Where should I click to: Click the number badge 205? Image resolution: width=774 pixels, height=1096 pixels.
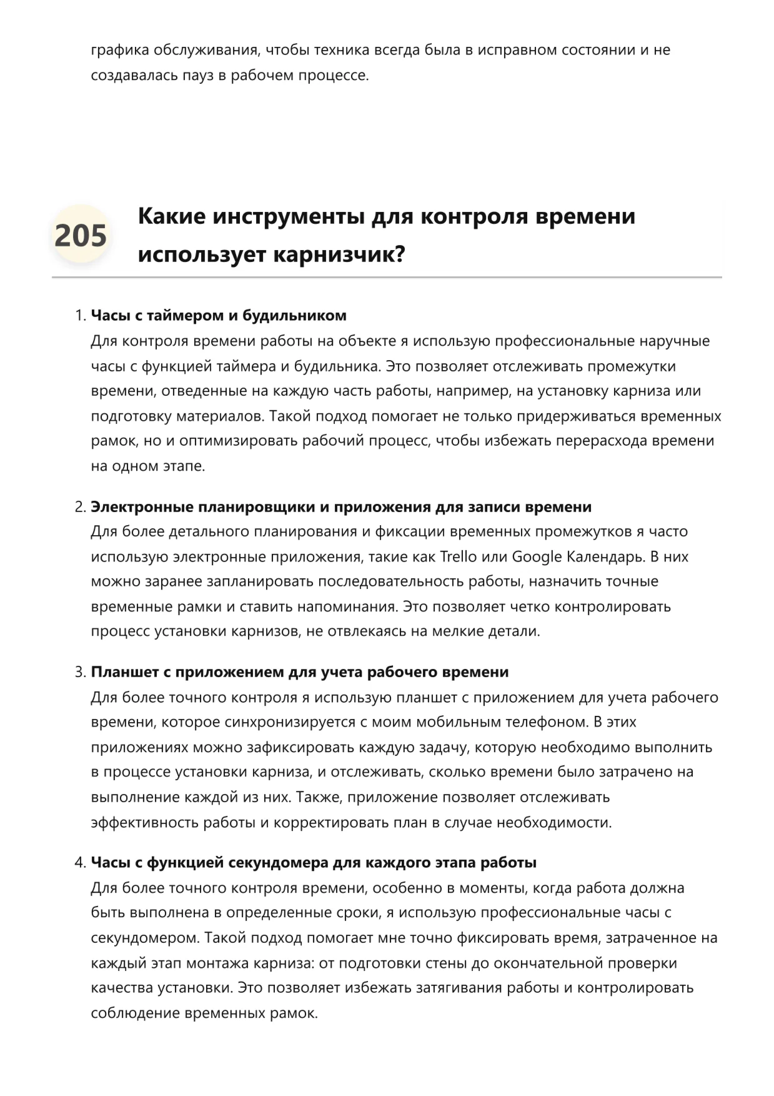point(81,236)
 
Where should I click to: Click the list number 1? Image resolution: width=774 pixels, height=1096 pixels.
point(79,316)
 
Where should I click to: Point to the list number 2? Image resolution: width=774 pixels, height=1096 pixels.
point(79,507)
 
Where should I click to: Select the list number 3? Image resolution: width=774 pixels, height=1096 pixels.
point(79,672)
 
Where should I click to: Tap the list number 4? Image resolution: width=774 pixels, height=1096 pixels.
point(79,863)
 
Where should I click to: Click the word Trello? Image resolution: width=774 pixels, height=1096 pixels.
point(459,556)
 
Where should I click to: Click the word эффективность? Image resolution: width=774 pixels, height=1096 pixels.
point(143,822)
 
